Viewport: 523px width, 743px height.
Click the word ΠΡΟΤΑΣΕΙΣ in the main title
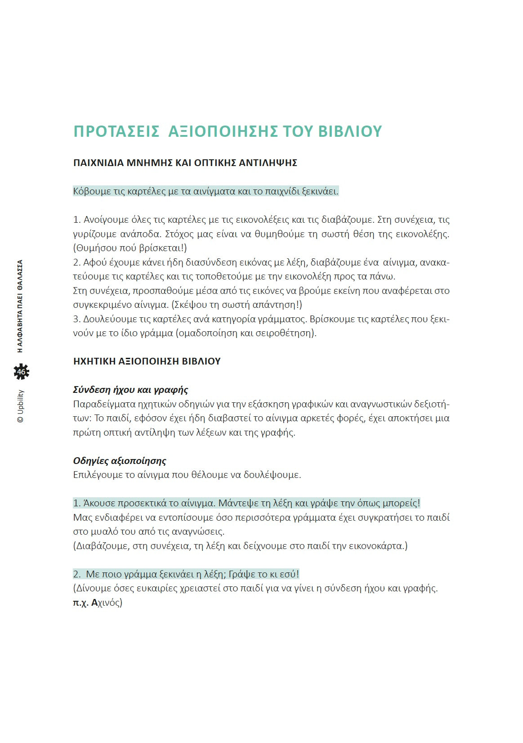(116, 131)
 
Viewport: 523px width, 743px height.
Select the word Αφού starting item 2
(94, 262)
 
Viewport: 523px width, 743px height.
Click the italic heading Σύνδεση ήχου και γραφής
(130, 390)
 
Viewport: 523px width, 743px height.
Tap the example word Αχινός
(107, 603)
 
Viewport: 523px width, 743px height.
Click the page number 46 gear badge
(21, 372)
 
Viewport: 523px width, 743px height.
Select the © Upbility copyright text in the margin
(21, 406)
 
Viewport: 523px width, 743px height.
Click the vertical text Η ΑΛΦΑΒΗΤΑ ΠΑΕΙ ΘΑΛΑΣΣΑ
(20, 306)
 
